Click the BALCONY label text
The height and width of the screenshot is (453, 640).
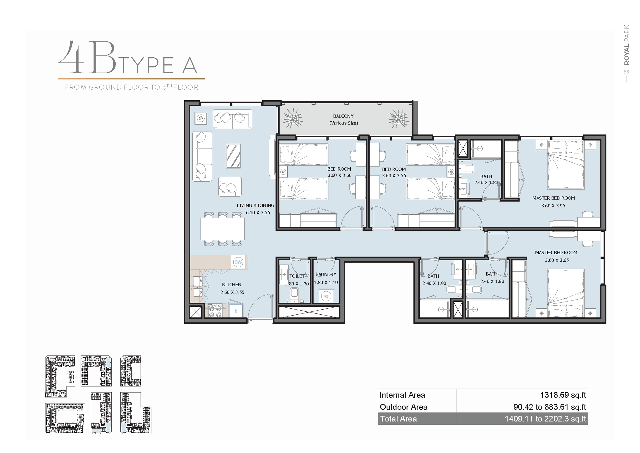(x=343, y=116)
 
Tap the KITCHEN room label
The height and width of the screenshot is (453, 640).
(x=232, y=285)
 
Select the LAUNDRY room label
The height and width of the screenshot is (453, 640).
(x=326, y=274)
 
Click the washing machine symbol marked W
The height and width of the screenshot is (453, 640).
(x=326, y=296)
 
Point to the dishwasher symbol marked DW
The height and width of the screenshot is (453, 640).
(x=239, y=262)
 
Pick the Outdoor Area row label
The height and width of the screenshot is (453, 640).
(x=403, y=407)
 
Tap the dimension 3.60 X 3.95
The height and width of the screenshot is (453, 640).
(x=553, y=205)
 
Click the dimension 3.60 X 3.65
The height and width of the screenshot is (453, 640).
(x=557, y=260)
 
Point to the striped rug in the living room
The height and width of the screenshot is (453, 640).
(x=233, y=156)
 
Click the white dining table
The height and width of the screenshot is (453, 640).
(x=222, y=229)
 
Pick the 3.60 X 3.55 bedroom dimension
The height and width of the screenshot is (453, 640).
(x=394, y=175)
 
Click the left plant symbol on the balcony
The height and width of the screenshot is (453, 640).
(x=293, y=119)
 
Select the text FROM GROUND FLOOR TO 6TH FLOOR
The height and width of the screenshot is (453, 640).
(x=132, y=87)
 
